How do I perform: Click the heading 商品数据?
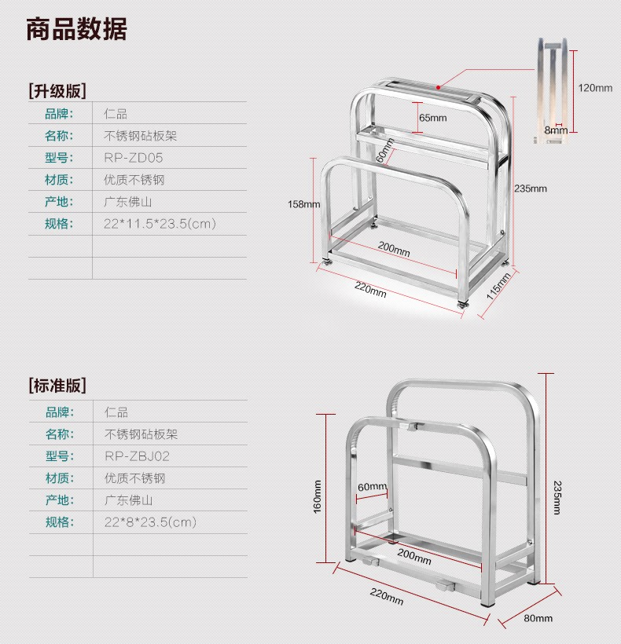(76, 30)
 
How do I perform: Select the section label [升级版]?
(57, 90)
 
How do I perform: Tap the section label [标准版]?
(57, 386)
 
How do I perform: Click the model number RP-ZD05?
(134, 157)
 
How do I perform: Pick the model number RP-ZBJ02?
(138, 456)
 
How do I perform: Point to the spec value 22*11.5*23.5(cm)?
(160, 224)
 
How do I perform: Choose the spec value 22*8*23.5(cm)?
(150, 521)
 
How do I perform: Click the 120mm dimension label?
(595, 88)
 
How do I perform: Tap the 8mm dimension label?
(556, 130)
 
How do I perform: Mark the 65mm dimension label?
(432, 118)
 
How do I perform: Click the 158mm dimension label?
(303, 204)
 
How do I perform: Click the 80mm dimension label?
(538, 618)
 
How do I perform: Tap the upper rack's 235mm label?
(531, 188)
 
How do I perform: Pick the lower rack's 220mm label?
(386, 597)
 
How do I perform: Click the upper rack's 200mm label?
(394, 247)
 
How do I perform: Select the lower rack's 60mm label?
(373, 487)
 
